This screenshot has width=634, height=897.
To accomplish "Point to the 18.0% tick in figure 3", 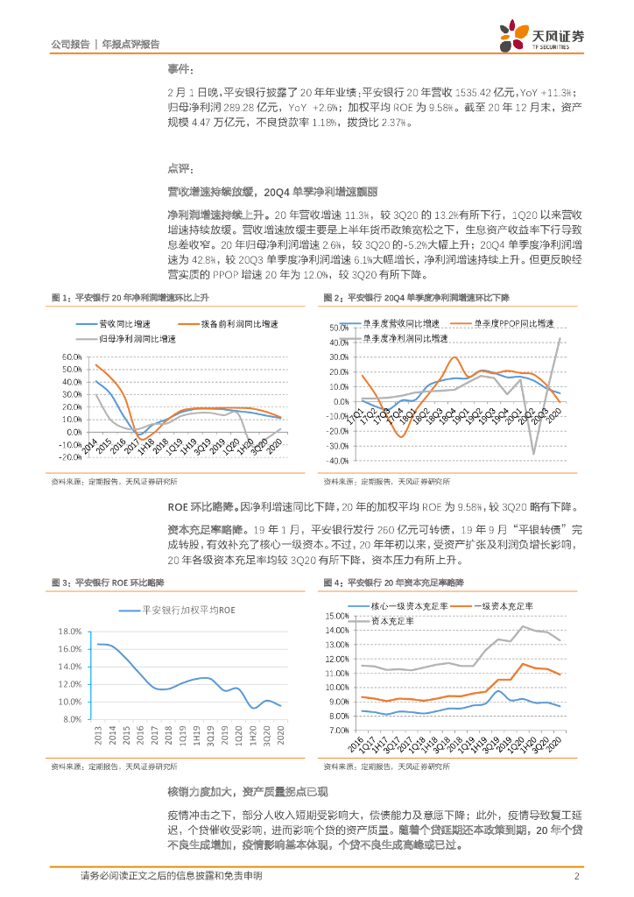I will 69,632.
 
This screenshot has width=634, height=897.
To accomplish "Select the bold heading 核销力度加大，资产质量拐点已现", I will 247,792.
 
